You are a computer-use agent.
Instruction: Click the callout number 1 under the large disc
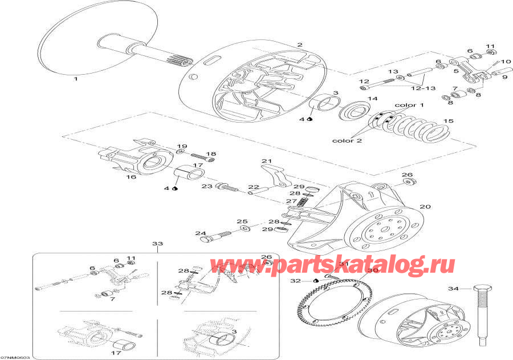point(75,79)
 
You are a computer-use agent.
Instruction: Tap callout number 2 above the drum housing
point(300,45)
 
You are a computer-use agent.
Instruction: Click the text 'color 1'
point(409,105)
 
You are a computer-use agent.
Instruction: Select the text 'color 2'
point(348,141)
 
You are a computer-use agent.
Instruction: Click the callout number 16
point(131,177)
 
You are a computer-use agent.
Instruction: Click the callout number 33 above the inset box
point(157,244)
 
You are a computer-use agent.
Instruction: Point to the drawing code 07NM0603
point(15,357)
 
